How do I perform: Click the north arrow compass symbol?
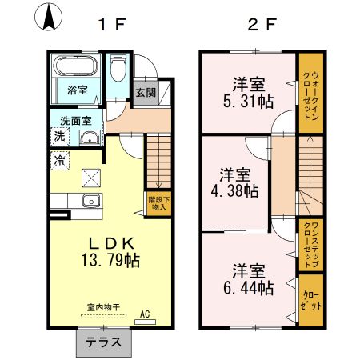[x=49, y=17]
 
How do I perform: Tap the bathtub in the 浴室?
[x=75, y=66]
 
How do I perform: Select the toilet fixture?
[x=118, y=68]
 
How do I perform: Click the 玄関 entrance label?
[x=146, y=93]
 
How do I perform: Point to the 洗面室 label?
[x=76, y=121]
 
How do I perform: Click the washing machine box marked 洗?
[x=60, y=137]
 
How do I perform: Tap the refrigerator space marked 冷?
[x=60, y=161]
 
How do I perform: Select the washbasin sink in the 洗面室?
[x=90, y=138]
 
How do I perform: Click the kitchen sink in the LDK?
[x=91, y=201]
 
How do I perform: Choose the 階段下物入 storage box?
[x=159, y=203]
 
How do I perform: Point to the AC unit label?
[x=145, y=314]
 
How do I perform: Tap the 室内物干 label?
[x=103, y=307]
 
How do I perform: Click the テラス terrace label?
[x=103, y=342]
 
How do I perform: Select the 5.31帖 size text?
[x=248, y=102]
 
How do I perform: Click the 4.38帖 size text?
[x=234, y=191]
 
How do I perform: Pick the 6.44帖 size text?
[x=248, y=287]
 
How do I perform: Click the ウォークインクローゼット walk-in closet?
[x=311, y=93]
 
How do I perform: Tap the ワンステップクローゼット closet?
[x=311, y=245]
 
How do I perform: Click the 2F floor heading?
[x=262, y=25]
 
